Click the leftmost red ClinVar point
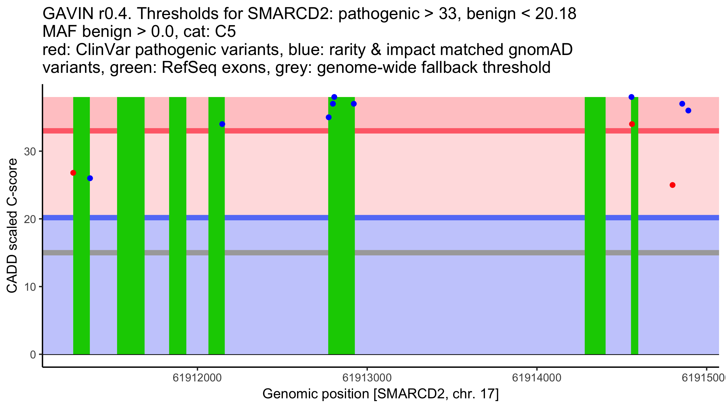tap(73, 173)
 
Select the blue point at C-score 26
tap(90, 178)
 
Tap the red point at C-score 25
tap(672, 185)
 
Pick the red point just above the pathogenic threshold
tap(632, 124)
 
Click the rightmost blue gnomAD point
tap(688, 111)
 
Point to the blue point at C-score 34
tap(222, 124)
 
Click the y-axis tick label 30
tap(30, 151)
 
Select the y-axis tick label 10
tap(30, 287)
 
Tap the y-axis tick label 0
tap(33, 355)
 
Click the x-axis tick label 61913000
tap(367, 378)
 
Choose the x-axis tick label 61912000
tap(197, 378)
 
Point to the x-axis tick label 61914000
tap(537, 378)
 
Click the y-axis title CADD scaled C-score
tap(12, 226)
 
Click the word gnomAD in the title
tap(540, 50)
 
